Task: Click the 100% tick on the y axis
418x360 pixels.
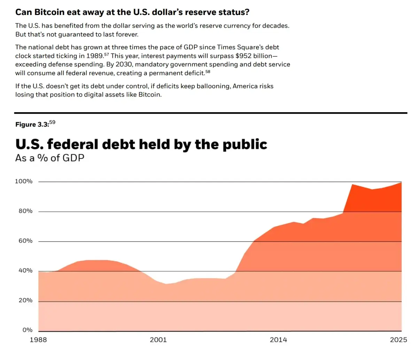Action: tap(23, 181)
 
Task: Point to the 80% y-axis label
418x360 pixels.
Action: tap(25, 211)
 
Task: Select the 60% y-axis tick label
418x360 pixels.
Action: tap(25, 241)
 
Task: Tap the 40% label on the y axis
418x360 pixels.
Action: tap(25, 270)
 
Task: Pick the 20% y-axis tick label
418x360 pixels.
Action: tap(25, 300)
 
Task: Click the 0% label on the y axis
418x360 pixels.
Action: tap(27, 330)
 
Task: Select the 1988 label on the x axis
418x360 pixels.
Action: tap(38, 340)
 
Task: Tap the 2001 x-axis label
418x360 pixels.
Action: tap(158, 340)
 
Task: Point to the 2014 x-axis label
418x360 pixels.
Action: tap(278, 340)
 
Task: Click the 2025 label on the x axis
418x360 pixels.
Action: tap(398, 340)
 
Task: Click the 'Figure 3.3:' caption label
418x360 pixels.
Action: tap(32, 125)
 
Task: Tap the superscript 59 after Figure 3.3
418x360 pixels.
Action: tap(52, 122)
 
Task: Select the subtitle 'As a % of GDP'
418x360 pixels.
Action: tap(49, 158)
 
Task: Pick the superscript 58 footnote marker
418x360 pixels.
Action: tap(208, 71)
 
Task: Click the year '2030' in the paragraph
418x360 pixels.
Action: tap(124, 64)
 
